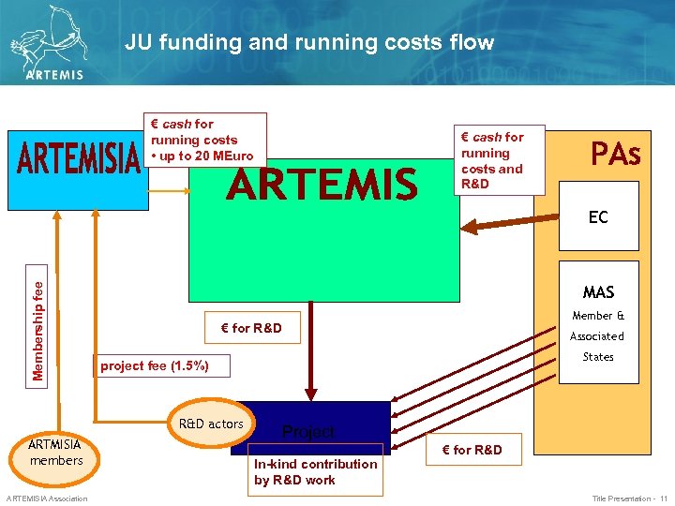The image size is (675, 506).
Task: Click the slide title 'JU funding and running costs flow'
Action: click(x=308, y=43)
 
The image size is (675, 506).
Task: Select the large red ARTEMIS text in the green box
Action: click(x=322, y=185)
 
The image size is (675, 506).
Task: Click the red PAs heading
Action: click(x=615, y=154)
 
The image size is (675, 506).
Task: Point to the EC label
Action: click(x=598, y=217)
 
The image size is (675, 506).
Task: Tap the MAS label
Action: click(x=598, y=292)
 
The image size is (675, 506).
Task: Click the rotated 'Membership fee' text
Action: click(x=37, y=319)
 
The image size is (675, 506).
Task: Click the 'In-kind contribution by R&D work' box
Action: click(x=316, y=471)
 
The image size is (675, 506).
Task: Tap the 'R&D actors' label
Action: click(x=212, y=424)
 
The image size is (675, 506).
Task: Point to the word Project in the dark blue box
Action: click(x=308, y=432)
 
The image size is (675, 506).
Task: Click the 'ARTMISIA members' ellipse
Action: click(x=56, y=452)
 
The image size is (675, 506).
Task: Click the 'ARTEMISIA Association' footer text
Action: click(x=46, y=499)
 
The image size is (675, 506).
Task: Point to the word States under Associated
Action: click(x=597, y=357)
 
